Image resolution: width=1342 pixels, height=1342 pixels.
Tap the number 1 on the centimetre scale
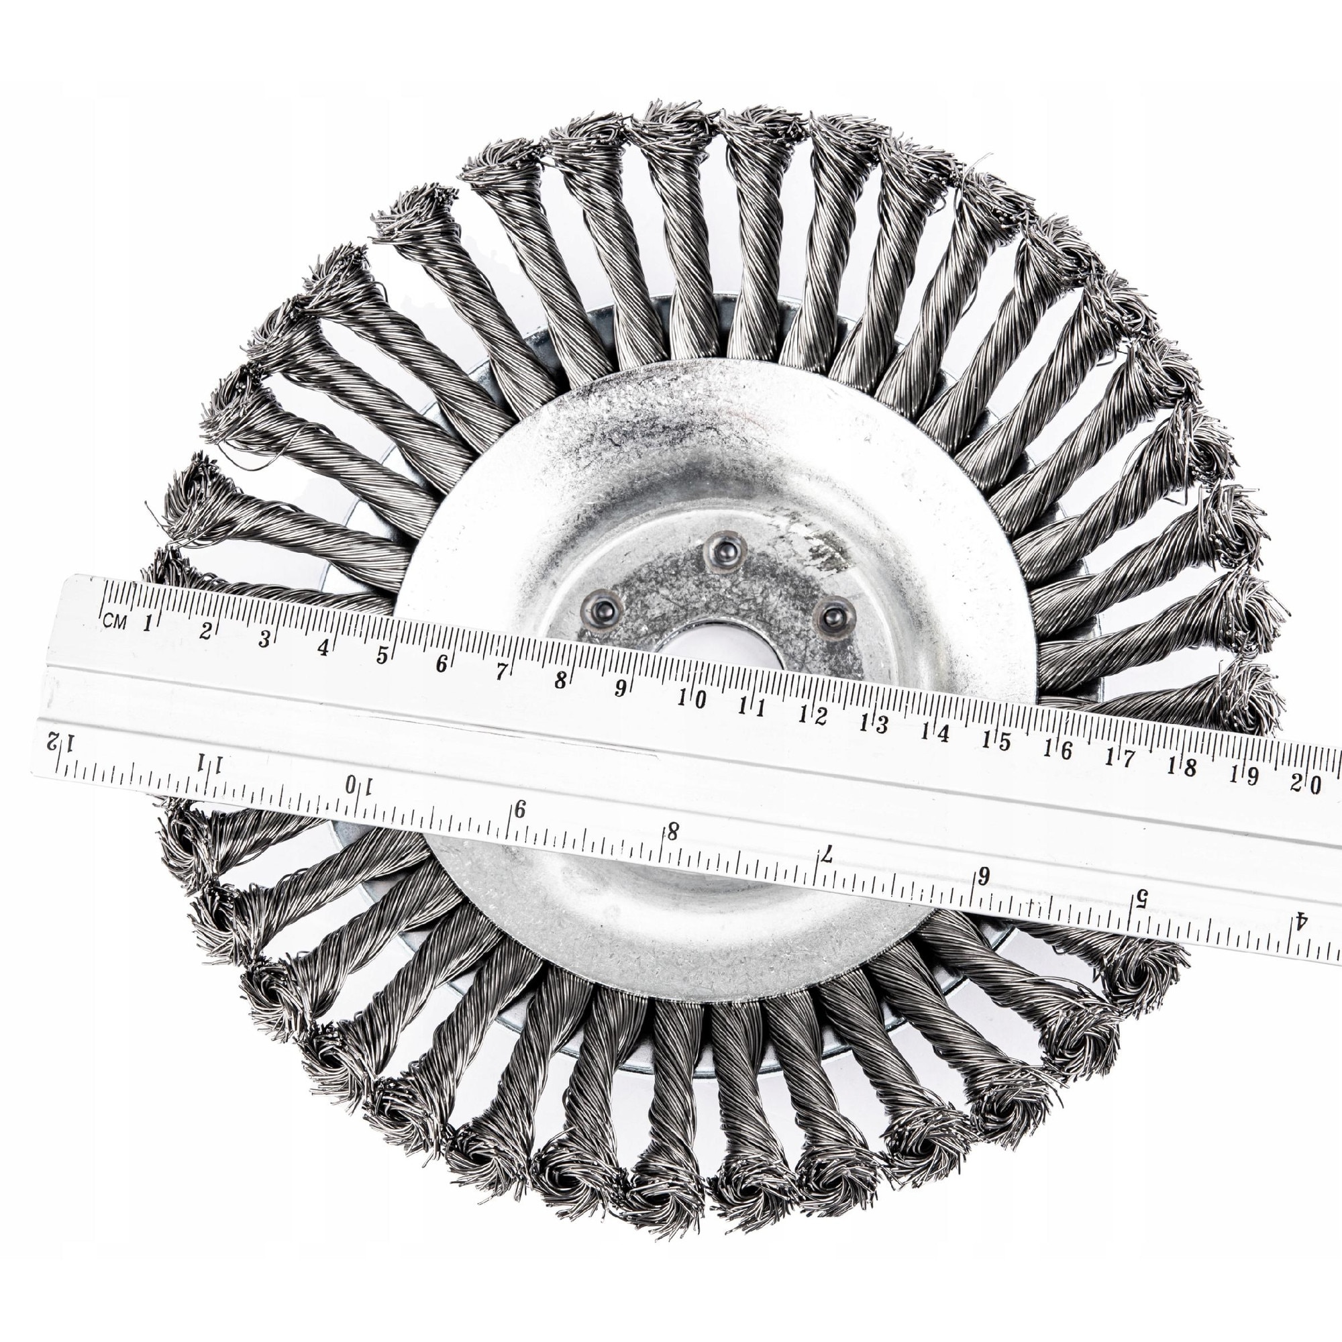click(146, 623)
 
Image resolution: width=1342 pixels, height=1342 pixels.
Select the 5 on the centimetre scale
click(381, 654)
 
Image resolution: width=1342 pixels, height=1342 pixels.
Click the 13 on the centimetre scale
click(873, 724)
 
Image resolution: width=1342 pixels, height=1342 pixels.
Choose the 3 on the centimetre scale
click(263, 639)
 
